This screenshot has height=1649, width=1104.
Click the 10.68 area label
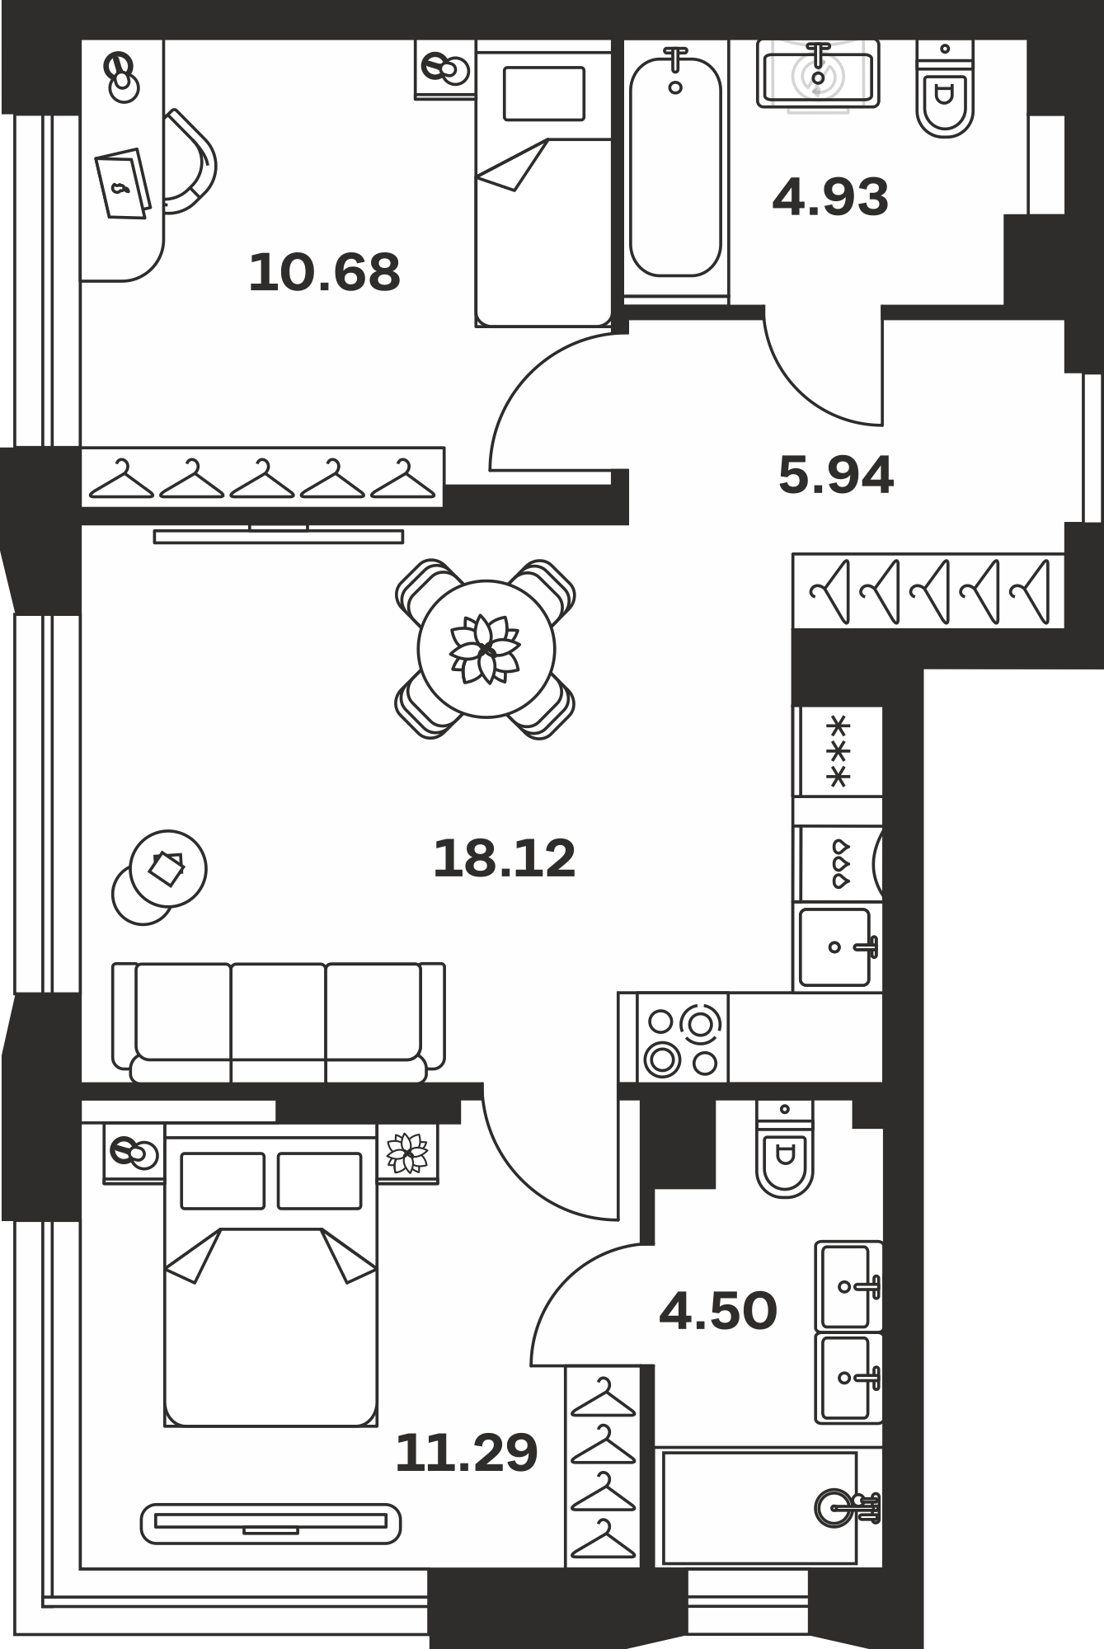point(324,272)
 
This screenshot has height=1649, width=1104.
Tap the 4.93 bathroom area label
point(830,197)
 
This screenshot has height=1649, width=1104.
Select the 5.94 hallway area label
point(836,476)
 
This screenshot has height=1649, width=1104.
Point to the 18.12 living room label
point(504,858)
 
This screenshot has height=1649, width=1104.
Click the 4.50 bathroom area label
point(718,1311)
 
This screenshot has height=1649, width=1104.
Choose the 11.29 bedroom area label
point(467,1453)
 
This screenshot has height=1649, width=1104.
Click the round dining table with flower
point(486,649)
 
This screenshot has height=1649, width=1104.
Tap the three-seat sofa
point(279,1022)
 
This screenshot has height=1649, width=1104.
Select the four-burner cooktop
point(683,1037)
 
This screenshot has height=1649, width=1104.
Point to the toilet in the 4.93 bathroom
point(945,89)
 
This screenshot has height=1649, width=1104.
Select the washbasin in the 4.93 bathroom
point(818,76)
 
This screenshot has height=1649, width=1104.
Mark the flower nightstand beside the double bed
point(409,1153)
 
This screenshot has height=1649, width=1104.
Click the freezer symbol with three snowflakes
point(838,751)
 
